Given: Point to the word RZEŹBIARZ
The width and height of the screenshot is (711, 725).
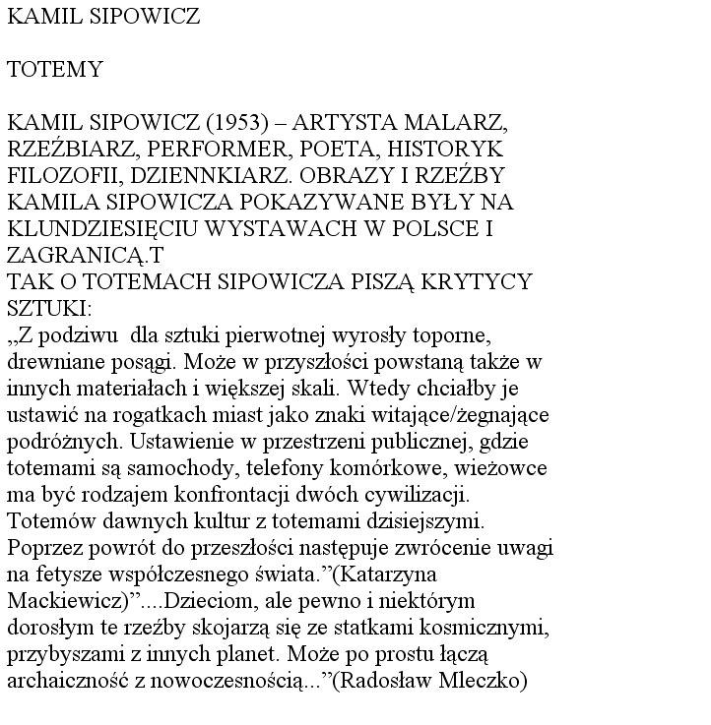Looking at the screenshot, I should pyautogui.click(x=74, y=150).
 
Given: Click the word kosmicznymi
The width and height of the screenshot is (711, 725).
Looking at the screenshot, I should pyautogui.click(x=489, y=628).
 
